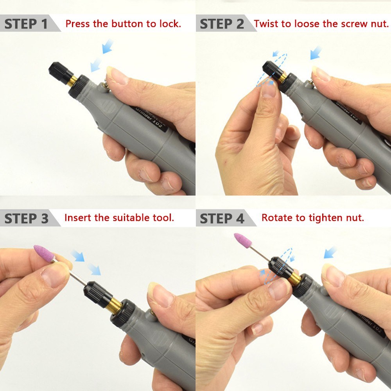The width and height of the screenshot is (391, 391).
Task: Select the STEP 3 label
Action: click(x=26, y=218)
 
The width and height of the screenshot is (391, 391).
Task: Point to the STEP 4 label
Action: click(x=222, y=218)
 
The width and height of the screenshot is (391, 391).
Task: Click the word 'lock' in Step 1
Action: click(x=169, y=23)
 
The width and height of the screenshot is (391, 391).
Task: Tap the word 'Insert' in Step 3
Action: click(x=78, y=217)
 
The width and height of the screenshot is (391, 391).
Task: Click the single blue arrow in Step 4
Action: click(x=330, y=252)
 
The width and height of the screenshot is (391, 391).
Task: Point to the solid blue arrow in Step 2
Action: click(x=316, y=53)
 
